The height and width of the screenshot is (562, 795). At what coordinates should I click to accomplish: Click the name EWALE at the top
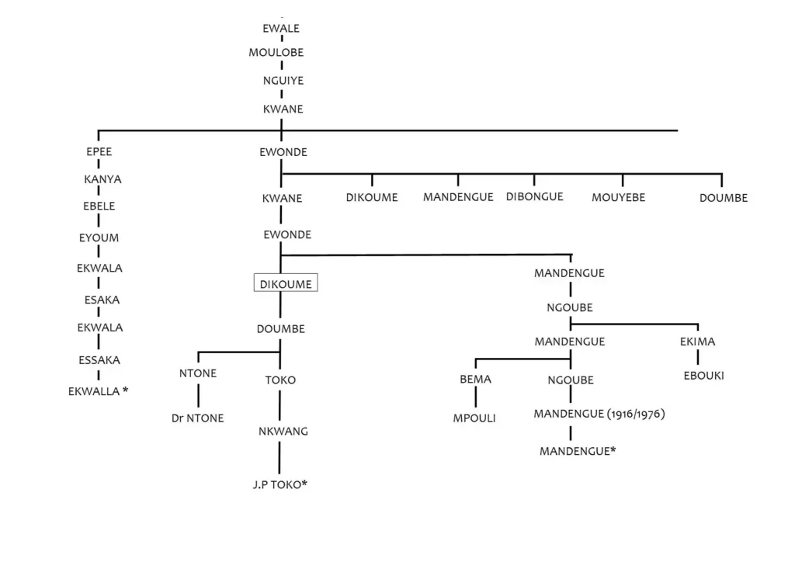281,29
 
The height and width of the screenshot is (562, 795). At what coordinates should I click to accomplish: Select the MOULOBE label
276,53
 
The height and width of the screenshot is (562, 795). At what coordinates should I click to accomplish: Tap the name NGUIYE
283,80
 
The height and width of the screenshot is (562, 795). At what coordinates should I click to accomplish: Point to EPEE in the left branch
99,152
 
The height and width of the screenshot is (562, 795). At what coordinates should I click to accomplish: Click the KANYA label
102,180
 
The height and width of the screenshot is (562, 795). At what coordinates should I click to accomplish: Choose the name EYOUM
99,238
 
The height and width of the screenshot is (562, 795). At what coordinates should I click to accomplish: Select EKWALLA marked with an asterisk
99,391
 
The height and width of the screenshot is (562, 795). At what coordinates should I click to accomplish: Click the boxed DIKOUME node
286,284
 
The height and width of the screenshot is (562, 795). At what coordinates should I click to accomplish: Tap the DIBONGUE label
534,197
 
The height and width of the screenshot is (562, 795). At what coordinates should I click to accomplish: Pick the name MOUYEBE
618,198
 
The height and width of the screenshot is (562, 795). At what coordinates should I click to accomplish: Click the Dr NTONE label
198,418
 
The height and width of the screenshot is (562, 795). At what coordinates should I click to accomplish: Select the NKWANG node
283,432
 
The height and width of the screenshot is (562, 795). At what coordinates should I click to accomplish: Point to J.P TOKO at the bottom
280,486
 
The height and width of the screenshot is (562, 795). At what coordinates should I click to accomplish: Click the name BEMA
476,380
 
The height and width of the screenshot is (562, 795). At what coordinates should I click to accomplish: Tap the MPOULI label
474,418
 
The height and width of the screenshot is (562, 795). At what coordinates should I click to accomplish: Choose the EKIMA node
696,342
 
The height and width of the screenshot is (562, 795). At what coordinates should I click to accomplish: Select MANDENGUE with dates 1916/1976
599,414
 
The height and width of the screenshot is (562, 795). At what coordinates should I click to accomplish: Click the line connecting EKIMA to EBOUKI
697,358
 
